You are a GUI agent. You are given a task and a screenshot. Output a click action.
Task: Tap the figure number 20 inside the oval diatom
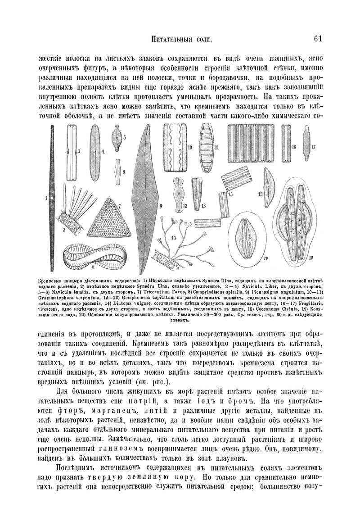265,258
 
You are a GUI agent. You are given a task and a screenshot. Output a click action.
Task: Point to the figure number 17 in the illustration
313,147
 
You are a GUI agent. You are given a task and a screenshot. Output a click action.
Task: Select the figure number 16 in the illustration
294,147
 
